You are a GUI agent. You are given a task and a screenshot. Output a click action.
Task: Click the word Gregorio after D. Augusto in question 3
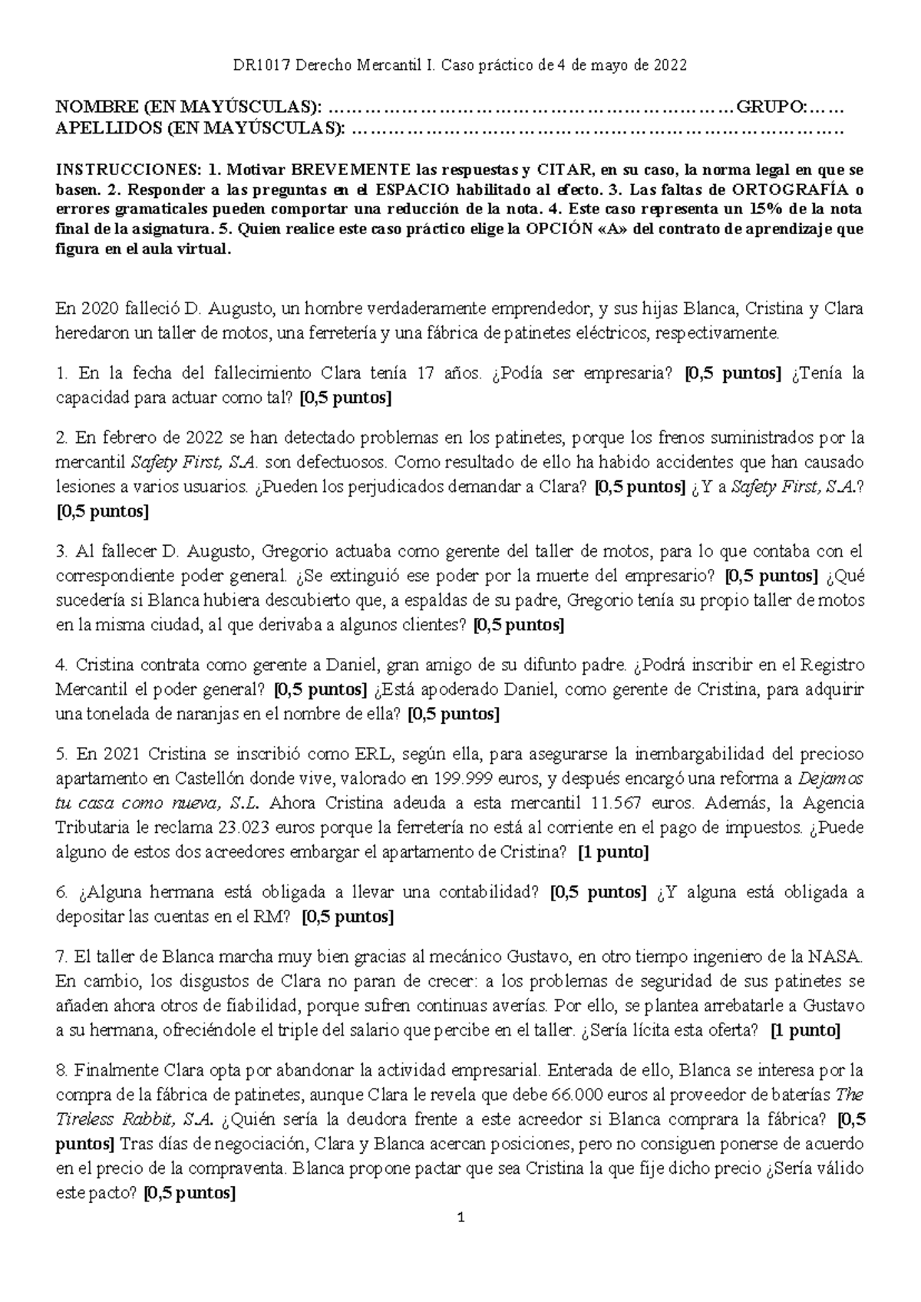pos(295,551)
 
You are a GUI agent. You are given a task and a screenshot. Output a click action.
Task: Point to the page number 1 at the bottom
pos(460,1218)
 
